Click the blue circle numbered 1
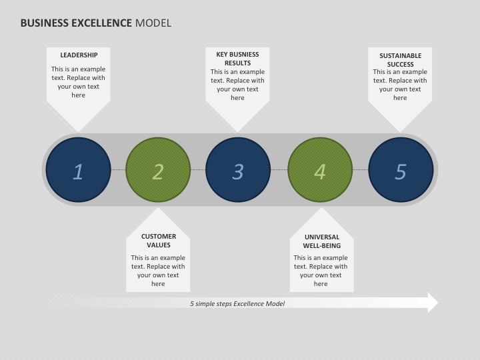click(79, 169)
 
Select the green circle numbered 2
click(158, 169)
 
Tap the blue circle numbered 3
click(238, 169)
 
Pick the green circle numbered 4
click(320, 169)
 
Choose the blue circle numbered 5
click(401, 169)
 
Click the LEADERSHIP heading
click(79, 55)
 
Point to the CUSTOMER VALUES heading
click(159, 241)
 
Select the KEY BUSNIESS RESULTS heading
click(237, 59)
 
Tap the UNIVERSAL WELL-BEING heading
click(322, 241)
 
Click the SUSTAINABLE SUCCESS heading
click(401, 60)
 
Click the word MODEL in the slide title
click(153, 23)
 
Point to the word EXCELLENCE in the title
click(101, 23)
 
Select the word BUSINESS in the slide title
click(45, 23)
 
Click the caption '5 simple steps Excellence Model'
click(237, 304)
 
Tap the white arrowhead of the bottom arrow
click(433, 303)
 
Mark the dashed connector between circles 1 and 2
click(118, 169)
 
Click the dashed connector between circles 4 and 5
click(361, 169)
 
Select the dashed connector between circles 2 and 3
click(198, 169)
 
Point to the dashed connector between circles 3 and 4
click(279, 169)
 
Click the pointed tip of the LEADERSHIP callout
click(79, 132)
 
